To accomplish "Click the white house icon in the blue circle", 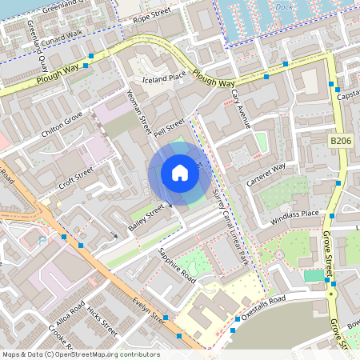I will click(x=180, y=173).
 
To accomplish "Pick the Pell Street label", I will click(x=169, y=126).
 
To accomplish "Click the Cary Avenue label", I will click(x=241, y=109).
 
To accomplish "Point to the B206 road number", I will click(x=341, y=140).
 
